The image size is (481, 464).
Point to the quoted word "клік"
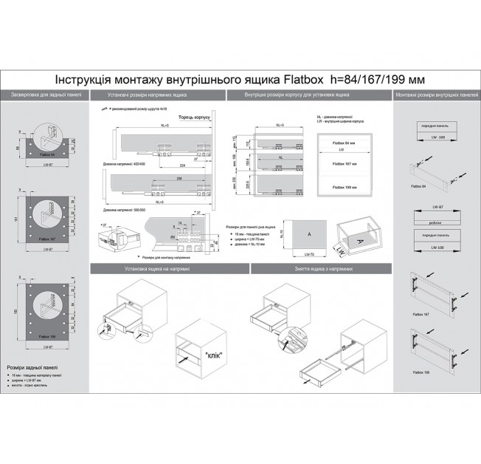point(215,353)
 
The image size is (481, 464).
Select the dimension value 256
point(179,178)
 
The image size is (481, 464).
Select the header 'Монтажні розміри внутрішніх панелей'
point(436,96)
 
